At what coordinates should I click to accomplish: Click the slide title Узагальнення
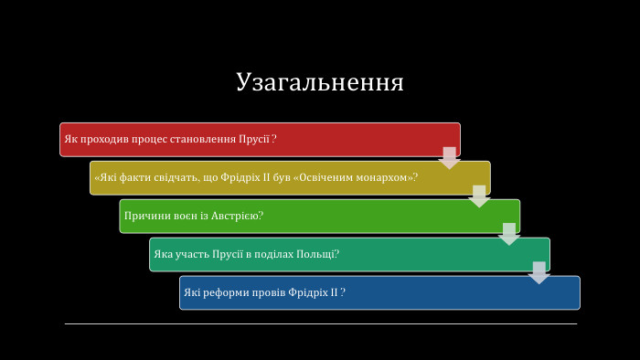pyautogui.click(x=319, y=81)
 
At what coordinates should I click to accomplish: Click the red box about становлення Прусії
pyautogui.click(x=260, y=140)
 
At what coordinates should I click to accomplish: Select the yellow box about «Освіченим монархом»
pyautogui.click(x=290, y=177)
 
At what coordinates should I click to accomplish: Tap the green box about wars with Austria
pyautogui.click(x=319, y=216)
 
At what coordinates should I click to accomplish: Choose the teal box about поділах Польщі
pyautogui.click(x=349, y=254)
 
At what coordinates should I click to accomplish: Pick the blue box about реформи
pyautogui.click(x=379, y=292)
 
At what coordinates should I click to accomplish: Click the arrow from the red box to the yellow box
pyautogui.click(x=449, y=157)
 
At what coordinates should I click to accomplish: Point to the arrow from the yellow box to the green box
pyautogui.click(x=479, y=196)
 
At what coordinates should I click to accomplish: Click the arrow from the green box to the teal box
pyautogui.click(x=509, y=234)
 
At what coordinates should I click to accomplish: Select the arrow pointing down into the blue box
pyautogui.click(x=539, y=272)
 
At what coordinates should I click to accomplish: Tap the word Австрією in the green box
pyautogui.click(x=240, y=216)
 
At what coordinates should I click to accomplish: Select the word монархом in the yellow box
pyautogui.click(x=384, y=177)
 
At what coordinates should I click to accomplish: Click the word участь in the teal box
pyautogui.click(x=191, y=254)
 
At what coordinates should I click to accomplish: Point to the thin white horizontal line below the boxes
pyautogui.click(x=320, y=323)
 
